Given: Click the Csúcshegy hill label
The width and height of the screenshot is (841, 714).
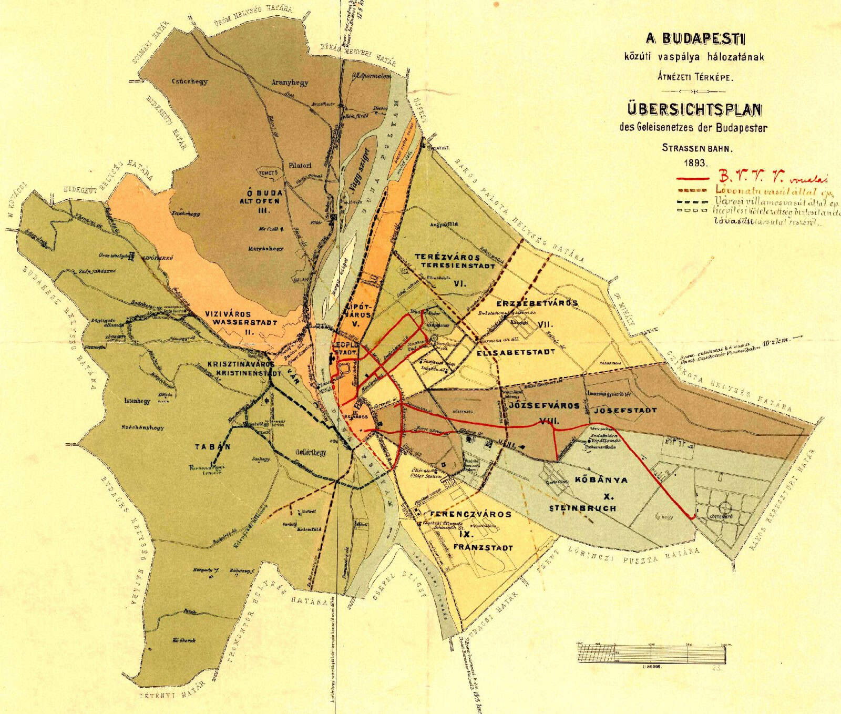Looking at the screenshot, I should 189,81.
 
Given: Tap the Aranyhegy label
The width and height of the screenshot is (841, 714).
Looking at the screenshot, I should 290,83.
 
